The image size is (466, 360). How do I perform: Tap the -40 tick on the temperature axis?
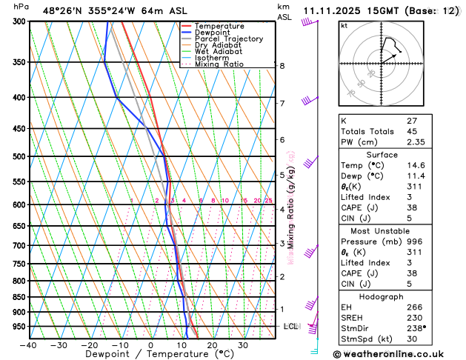(x=29, y=345)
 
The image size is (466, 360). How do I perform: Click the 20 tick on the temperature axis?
(x=212, y=345)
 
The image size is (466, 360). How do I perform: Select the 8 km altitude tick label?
(x=282, y=66)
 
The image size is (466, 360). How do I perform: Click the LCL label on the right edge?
(x=291, y=326)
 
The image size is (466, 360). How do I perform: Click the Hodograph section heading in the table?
(x=382, y=296)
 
